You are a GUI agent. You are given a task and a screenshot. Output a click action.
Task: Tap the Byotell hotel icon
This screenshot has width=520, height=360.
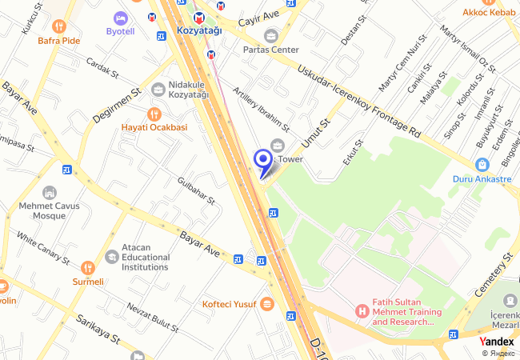[121, 18]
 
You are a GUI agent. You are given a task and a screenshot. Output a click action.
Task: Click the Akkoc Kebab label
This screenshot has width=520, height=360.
[492, 13]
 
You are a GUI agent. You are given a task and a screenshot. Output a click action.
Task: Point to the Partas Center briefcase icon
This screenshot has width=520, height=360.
[270, 35]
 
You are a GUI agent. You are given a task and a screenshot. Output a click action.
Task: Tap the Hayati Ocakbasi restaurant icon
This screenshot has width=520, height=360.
[154, 114]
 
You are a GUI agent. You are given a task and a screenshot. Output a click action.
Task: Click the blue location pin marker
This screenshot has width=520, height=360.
[262, 161]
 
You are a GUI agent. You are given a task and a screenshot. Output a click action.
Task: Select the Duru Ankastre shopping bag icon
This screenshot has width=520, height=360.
[482, 165]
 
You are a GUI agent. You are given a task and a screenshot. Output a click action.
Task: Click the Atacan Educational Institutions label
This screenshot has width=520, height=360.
[145, 258]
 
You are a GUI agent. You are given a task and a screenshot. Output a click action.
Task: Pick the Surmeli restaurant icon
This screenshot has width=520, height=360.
[88, 267]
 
